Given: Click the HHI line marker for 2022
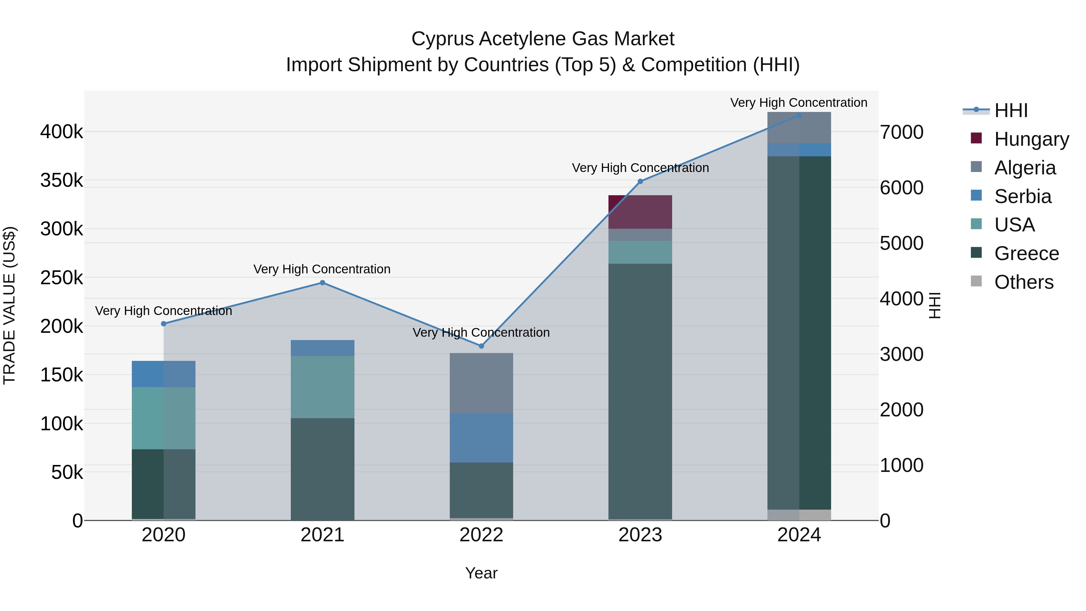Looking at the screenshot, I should [481, 346].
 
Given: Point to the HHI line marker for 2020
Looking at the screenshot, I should [164, 324].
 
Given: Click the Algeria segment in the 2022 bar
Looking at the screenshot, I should [481, 383].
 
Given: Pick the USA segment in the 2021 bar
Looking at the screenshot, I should [322, 387].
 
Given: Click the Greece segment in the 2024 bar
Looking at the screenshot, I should [799, 333].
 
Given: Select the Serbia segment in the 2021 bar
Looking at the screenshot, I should [322, 348].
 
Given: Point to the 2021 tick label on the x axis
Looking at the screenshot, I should [322, 535].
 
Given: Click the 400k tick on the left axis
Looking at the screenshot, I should [62, 132].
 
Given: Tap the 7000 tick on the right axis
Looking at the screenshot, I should [902, 132].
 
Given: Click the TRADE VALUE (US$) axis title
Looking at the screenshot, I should [9, 305].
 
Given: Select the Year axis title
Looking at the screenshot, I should [481, 573].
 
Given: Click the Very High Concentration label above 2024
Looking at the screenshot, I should [799, 103].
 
